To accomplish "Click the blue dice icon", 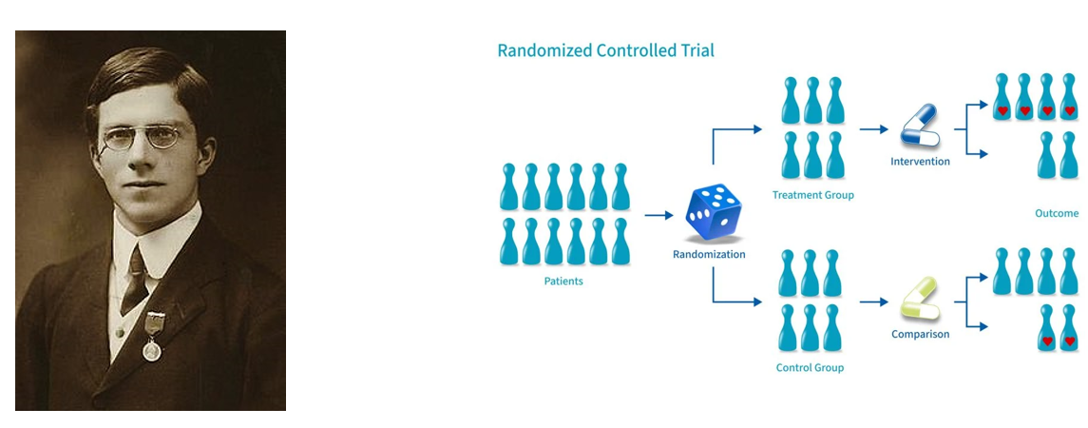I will (x=714, y=213).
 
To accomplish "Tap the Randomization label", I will (x=709, y=254).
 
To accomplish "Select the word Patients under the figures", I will (x=563, y=281).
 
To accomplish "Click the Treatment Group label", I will (x=812, y=195).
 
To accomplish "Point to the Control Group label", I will (x=810, y=367).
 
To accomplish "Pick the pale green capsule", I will (x=920, y=300).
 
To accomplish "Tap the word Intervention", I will (x=920, y=162).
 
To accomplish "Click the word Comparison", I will (x=920, y=334).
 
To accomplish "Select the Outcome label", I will (x=1056, y=214).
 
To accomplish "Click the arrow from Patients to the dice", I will (x=659, y=215).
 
